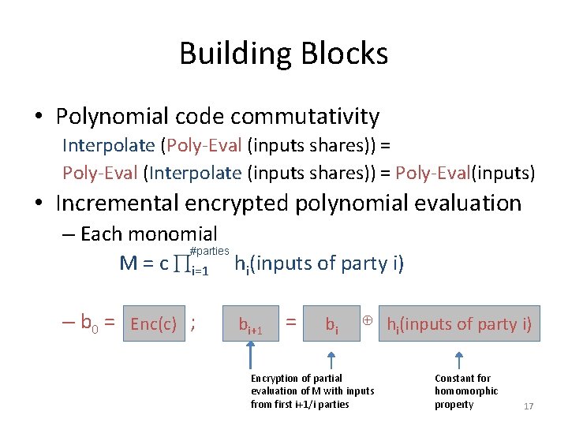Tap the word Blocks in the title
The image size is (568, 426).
click(345, 54)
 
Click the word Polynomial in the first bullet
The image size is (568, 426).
click(112, 117)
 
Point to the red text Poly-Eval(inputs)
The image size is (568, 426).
click(465, 173)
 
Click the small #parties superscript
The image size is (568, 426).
click(210, 250)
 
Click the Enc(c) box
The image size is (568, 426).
click(153, 323)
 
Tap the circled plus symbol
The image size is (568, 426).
click(367, 319)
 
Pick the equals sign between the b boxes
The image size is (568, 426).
click(291, 322)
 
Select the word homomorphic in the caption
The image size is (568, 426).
click(466, 391)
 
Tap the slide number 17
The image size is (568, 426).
click(529, 406)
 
